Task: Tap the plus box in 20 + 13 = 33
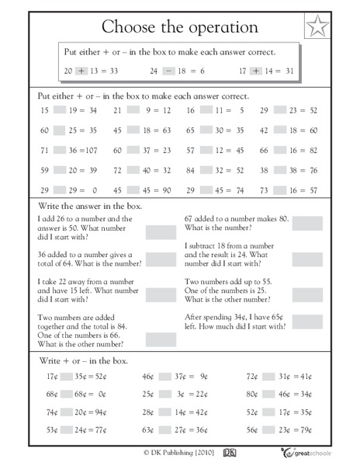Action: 80,69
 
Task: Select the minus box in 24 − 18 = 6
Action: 168,69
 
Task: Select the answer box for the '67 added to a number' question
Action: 307,224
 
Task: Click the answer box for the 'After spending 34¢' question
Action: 307,322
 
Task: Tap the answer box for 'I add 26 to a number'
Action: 161,232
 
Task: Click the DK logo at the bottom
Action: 229,453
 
